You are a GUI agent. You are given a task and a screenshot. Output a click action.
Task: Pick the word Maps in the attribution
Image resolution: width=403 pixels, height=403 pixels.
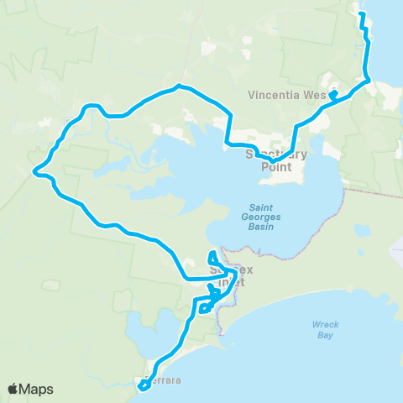(x=38, y=390)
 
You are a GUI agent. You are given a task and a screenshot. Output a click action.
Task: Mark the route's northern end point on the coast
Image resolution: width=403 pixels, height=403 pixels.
(x=361, y=14)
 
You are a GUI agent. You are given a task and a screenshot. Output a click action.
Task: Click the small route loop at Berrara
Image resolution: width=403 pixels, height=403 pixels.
(x=144, y=385)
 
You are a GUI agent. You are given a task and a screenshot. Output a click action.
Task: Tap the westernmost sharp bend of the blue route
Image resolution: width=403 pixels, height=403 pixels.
(x=34, y=172)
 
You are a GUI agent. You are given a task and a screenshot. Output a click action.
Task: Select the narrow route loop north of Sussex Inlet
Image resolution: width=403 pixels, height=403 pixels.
(x=213, y=256)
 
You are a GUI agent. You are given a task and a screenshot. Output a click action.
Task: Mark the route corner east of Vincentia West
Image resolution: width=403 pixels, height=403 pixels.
(x=368, y=81)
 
